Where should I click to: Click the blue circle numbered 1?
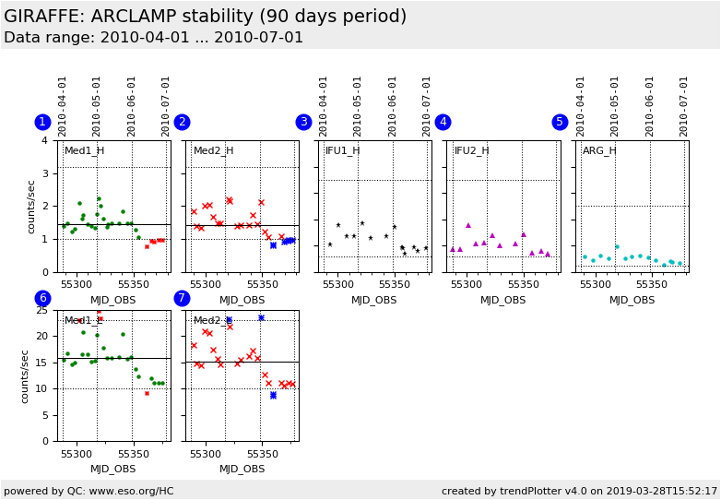tap(42, 122)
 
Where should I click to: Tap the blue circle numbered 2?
tap(182, 122)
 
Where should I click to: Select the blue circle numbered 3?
tap(303, 122)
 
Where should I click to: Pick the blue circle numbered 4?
tap(443, 122)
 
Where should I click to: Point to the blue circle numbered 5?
tap(560, 122)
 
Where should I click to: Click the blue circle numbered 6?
tap(42, 298)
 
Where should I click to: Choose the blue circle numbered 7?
tap(182, 298)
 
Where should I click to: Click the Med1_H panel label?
tap(84, 151)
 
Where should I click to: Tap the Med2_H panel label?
tap(213, 151)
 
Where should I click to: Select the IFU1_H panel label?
tap(343, 151)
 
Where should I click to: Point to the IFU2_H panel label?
tap(472, 151)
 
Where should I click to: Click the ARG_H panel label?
tap(599, 151)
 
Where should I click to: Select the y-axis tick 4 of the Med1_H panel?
tap(45, 141)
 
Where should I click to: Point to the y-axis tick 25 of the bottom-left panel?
tap(41, 311)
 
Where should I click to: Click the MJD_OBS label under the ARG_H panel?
tap(632, 300)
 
